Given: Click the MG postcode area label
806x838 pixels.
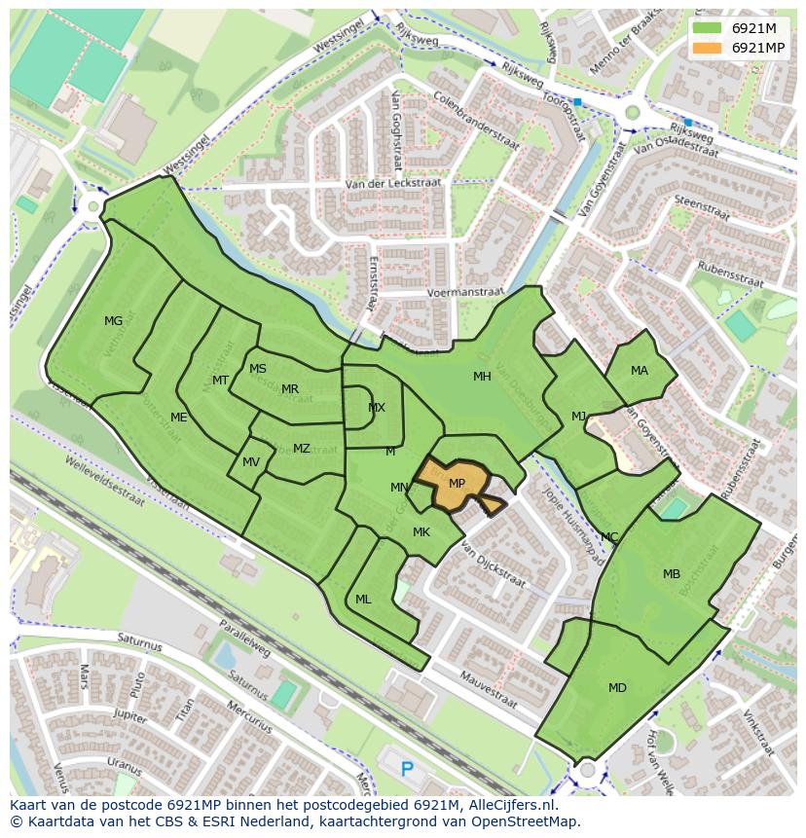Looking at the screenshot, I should pyautogui.click(x=114, y=321).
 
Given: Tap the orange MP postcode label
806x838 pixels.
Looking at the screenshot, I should pyautogui.click(x=457, y=484).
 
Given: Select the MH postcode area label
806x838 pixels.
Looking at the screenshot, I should pyautogui.click(x=482, y=377).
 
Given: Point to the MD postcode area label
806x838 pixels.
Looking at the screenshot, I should pyautogui.click(x=617, y=688).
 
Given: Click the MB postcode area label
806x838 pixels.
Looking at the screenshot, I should pyautogui.click(x=672, y=574).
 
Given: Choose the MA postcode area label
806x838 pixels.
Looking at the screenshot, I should pyautogui.click(x=639, y=371).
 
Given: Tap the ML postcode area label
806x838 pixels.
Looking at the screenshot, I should pyautogui.click(x=363, y=600).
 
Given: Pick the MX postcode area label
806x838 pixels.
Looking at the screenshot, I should pyautogui.click(x=377, y=408).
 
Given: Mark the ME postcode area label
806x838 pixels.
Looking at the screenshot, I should pyautogui.click(x=179, y=418).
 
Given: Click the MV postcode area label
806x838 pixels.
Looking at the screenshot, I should pyautogui.click(x=251, y=462).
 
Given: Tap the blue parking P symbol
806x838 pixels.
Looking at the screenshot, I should pyautogui.click(x=407, y=769).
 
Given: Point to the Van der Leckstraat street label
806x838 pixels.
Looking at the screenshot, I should pyautogui.click(x=393, y=183).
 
